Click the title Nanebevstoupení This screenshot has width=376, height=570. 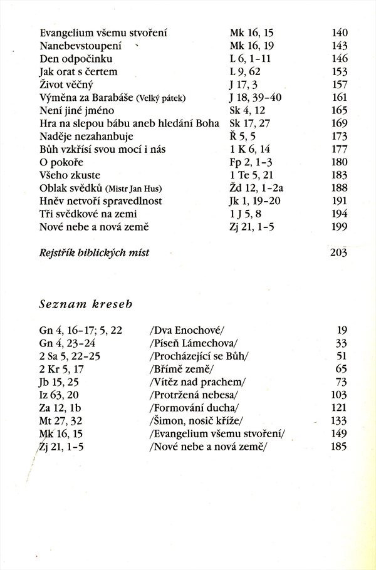(x=77, y=46)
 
